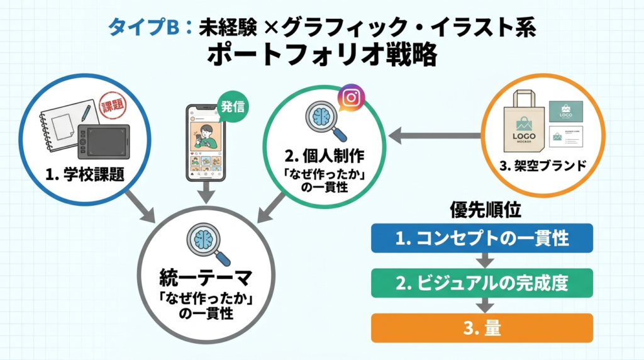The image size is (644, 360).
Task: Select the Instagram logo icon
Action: coord(352,99)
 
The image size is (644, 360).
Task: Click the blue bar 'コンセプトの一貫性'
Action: coord(482,239)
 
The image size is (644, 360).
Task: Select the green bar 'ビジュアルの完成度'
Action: coord(482,283)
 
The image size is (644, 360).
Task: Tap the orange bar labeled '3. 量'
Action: coord(482,327)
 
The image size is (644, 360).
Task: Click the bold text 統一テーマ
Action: coord(206,278)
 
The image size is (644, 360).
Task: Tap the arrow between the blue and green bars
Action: coord(482,260)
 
